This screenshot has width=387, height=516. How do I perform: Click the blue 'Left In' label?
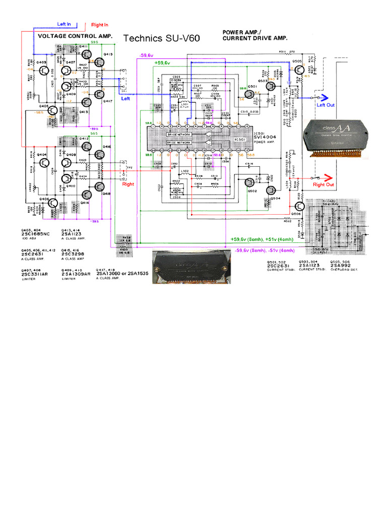coord(64,24)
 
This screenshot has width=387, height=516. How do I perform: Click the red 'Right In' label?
coord(99,24)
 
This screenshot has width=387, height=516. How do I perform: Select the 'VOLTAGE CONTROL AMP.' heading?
coord(75,36)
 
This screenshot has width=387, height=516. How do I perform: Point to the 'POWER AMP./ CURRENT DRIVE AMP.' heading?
coord(255,35)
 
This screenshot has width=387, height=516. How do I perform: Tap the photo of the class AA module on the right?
coord(333,137)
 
